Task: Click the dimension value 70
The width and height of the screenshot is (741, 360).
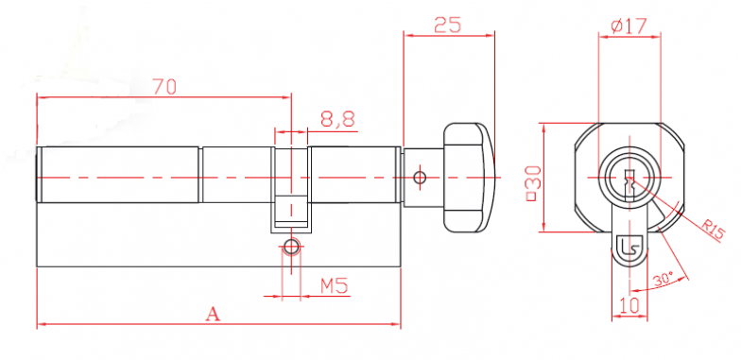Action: [x=164, y=87]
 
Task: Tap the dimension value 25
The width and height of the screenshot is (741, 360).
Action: [x=448, y=25]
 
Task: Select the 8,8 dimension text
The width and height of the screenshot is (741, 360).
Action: [x=338, y=119]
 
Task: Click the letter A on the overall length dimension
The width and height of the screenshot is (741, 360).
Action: [x=214, y=314]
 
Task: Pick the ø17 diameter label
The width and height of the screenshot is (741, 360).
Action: [x=629, y=26]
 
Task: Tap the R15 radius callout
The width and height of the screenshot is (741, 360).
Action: [x=713, y=231]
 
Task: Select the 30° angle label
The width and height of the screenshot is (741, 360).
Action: [x=663, y=280]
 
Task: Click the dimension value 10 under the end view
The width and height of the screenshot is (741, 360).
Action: [x=629, y=304]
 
